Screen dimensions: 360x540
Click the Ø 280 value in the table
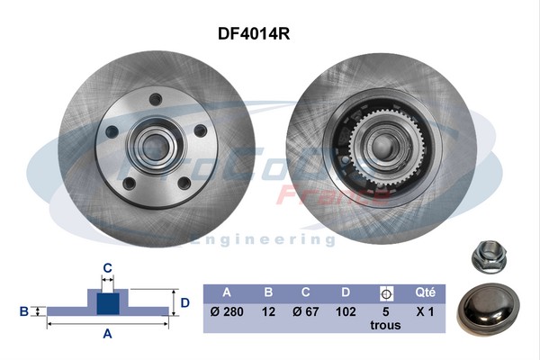click(226, 311)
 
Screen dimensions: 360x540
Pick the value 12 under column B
click(267, 311)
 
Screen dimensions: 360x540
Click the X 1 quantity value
click(426, 311)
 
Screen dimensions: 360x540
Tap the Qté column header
click(426, 292)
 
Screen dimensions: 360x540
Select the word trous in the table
click(386, 326)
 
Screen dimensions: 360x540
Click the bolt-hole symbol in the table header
click(386, 292)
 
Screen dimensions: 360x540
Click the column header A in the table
click(226, 292)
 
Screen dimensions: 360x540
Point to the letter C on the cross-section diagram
click(107, 267)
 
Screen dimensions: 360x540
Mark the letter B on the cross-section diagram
click(23, 311)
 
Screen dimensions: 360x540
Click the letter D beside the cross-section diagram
click(184, 302)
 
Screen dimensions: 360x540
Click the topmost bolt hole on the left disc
click(155, 99)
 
